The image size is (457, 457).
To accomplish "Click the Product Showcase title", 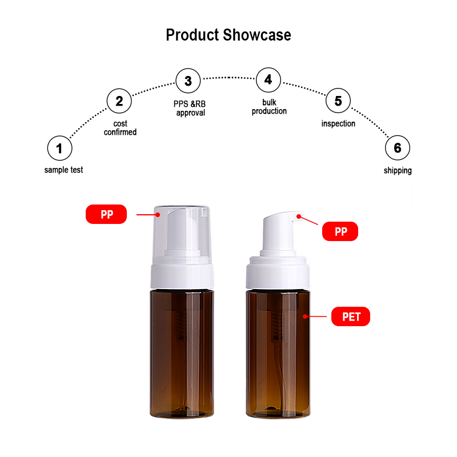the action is [228, 35].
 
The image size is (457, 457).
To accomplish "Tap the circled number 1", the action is [60, 148].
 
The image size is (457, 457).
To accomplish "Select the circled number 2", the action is [119, 101].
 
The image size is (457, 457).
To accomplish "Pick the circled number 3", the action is [189, 81].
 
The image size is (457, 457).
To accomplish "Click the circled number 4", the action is [268, 80].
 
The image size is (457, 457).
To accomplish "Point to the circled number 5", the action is [338, 101].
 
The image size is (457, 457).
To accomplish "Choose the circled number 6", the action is [398, 148].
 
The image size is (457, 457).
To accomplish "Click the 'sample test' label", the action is [63, 170].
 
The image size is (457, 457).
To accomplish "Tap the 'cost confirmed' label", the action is [120, 127].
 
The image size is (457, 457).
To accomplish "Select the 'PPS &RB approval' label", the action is [190, 108].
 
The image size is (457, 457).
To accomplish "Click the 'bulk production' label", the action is [269, 107].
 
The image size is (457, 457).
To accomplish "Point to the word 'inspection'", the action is [338, 123].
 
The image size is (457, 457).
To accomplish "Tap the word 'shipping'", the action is [398, 170].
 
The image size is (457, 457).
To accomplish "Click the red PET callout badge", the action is [351, 316].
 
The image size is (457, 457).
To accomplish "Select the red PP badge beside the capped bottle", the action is [106, 214].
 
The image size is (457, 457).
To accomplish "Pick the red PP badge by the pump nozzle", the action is [340, 231].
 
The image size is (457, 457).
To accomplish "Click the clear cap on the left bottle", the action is [182, 233].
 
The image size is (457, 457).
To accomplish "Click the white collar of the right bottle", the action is [278, 273].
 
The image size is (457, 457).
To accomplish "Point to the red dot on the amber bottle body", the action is [305, 316].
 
